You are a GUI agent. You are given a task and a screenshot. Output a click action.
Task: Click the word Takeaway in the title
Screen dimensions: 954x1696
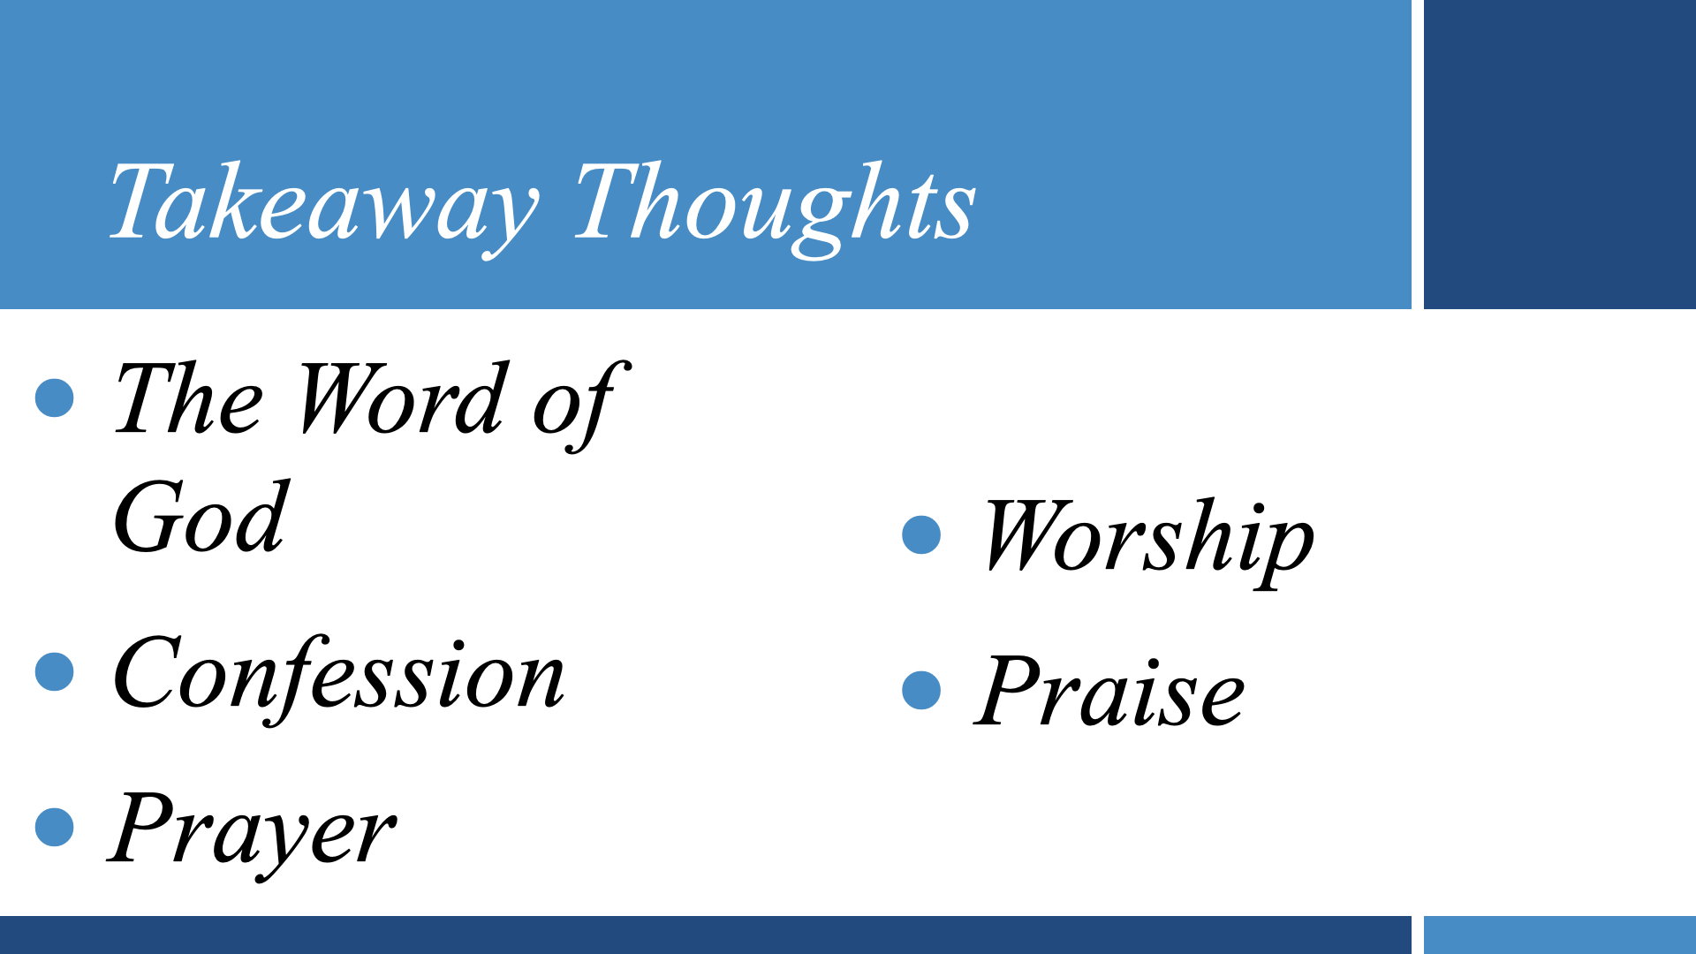click(x=322, y=203)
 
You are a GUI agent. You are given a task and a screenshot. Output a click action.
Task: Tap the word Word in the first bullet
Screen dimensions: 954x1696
click(x=402, y=399)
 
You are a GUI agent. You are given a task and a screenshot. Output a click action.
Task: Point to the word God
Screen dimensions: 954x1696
click(x=201, y=519)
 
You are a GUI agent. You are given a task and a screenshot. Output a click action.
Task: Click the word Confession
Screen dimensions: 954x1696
click(x=338, y=676)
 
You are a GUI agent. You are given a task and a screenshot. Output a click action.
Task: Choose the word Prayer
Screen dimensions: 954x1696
click(x=253, y=830)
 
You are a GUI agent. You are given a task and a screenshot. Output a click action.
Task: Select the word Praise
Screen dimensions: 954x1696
click(x=1109, y=693)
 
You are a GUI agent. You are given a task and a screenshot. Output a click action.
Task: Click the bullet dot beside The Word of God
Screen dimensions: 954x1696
click(x=55, y=398)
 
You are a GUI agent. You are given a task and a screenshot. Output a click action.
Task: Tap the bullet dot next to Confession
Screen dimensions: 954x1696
click(x=55, y=672)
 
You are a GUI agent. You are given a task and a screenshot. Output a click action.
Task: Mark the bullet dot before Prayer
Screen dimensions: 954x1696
click(x=55, y=828)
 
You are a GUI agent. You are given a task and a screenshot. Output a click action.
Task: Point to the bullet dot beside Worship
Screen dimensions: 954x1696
click(x=921, y=535)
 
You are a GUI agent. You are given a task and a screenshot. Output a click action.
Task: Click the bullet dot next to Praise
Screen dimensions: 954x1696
click(x=921, y=691)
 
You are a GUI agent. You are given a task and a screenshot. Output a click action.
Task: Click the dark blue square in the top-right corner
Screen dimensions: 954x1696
click(x=1559, y=155)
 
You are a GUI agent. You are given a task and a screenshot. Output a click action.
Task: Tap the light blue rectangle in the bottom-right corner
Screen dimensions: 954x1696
click(x=1559, y=935)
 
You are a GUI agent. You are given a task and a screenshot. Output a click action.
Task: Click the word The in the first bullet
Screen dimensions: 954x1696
click(x=188, y=399)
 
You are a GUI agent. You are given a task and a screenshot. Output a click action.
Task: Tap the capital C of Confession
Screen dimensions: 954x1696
click(x=146, y=674)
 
